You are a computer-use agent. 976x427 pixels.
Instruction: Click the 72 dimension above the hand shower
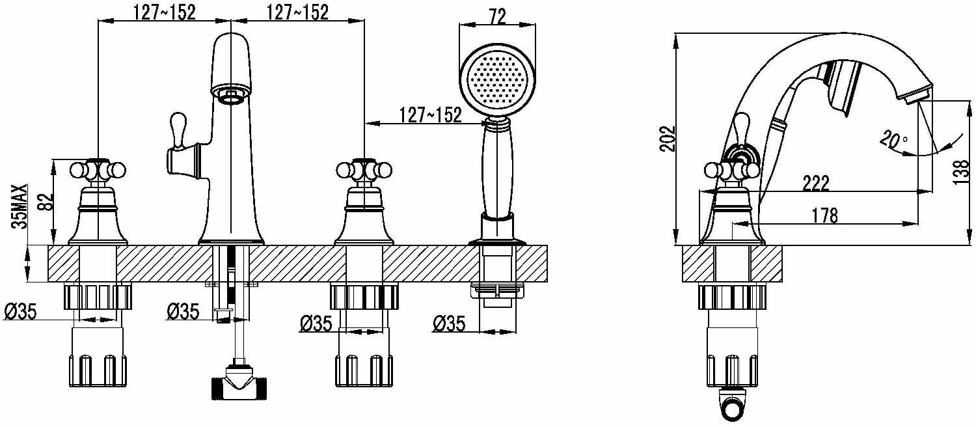pyautogui.click(x=497, y=17)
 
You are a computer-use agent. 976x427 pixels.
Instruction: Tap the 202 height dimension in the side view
pyautogui.click(x=667, y=139)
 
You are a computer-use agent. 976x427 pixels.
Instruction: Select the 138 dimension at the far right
pyautogui.click(x=961, y=172)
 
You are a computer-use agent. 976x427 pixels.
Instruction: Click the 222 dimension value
pyautogui.click(x=816, y=184)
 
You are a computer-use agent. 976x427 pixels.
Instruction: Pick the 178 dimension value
pyautogui.click(x=825, y=215)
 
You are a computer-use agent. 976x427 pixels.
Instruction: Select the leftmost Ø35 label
pyautogui.click(x=20, y=312)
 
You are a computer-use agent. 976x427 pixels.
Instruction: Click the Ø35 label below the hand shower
pyautogui.click(x=449, y=324)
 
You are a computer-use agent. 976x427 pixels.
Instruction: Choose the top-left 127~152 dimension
pyautogui.click(x=165, y=12)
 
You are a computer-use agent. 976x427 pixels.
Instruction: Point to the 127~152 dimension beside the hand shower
pyautogui.click(x=430, y=115)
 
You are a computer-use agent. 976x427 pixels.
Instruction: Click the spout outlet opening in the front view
pyautogui.click(x=231, y=94)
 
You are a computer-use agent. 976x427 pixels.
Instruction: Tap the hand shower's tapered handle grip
pyautogui.click(x=497, y=169)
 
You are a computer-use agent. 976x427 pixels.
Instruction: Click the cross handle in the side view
pyautogui.click(x=732, y=169)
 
